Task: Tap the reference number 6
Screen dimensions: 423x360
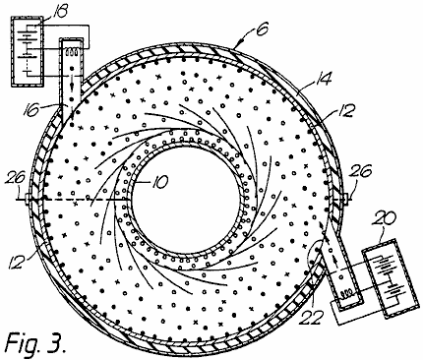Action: coord(263,29)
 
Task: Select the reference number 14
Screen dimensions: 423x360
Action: coord(322,79)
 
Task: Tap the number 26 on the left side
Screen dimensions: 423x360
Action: coord(16,179)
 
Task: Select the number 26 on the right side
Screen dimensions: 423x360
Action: coord(361,171)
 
